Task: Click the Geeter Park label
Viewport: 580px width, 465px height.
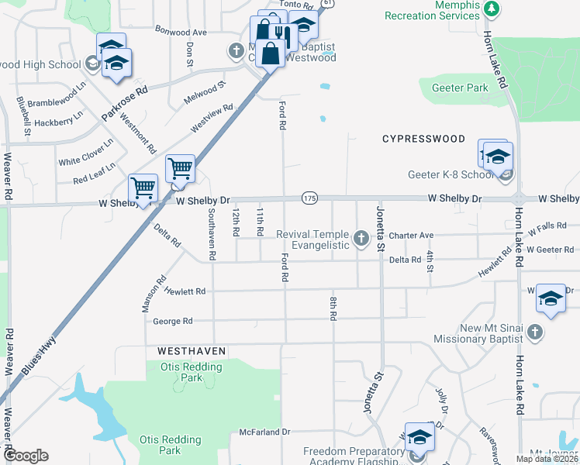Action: (460, 88)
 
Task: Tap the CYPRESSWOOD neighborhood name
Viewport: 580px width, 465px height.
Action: (423, 139)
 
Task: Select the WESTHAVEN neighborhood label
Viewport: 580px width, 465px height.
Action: (192, 351)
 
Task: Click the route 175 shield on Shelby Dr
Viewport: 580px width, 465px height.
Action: (309, 198)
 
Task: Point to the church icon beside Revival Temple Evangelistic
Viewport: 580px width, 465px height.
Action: (361, 238)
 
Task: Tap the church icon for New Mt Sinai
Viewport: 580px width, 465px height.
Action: (533, 332)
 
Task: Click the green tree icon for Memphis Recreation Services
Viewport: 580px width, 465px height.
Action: (491, 9)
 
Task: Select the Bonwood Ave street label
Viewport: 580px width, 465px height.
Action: (181, 33)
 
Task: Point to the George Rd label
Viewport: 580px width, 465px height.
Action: (172, 321)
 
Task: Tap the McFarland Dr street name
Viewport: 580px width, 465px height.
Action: (264, 432)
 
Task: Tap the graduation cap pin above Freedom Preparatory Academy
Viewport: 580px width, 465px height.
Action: (419, 438)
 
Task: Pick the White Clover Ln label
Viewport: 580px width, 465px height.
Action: (85, 152)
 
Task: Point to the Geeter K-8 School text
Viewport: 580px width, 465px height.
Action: (451, 174)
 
